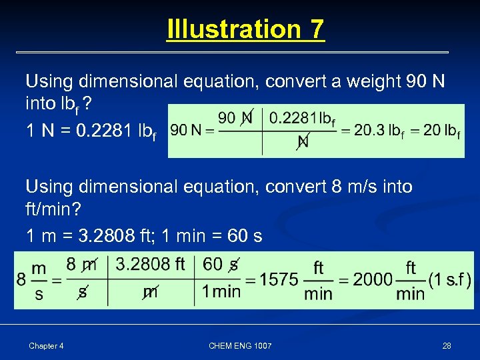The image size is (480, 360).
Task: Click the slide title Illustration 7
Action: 245,29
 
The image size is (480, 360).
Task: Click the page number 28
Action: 447,345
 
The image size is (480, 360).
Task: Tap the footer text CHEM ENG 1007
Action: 240,345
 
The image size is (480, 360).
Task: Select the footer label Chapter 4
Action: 46,345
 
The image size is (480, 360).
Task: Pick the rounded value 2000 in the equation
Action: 373,279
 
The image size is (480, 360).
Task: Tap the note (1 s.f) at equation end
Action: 450,279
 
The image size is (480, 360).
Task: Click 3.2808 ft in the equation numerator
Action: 151,265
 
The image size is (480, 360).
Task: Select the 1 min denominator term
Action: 221,291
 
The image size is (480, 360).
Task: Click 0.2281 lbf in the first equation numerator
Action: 302,119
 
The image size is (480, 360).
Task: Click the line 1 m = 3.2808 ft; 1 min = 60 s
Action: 143,236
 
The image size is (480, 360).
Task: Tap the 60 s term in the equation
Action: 221,265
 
